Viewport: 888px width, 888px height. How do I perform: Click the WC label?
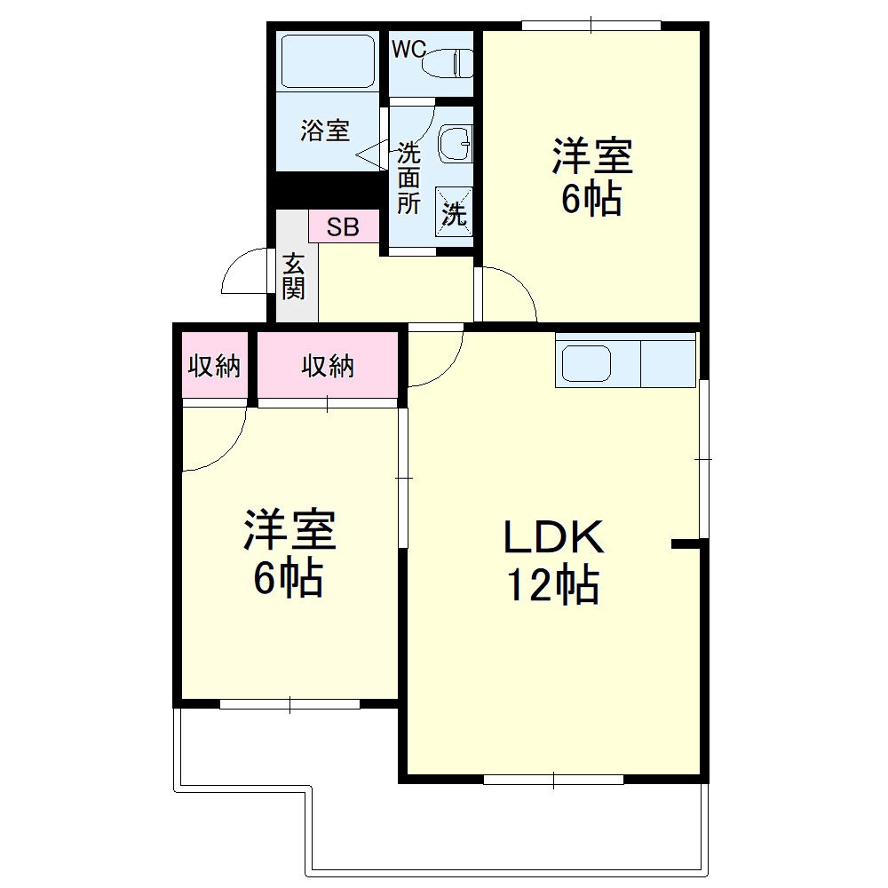coord(408,50)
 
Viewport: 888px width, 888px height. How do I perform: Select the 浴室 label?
coord(325,131)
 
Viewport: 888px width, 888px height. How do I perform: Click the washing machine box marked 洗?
coord(454,214)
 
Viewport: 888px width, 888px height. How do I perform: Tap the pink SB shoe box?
coord(343,227)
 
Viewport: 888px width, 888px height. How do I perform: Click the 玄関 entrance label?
coord(294,275)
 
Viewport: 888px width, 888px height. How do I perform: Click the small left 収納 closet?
coord(214,366)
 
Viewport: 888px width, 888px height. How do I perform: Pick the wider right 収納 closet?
coord(328,366)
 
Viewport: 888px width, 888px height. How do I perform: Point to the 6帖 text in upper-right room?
coord(591,200)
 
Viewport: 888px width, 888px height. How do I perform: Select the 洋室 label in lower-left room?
coord(289,530)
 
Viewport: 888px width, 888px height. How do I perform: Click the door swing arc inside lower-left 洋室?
coord(222,444)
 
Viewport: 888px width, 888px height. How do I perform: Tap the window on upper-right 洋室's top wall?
coord(591,25)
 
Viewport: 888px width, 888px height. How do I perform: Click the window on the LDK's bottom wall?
coord(553,780)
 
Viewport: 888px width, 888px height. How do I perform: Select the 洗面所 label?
coord(408,178)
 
